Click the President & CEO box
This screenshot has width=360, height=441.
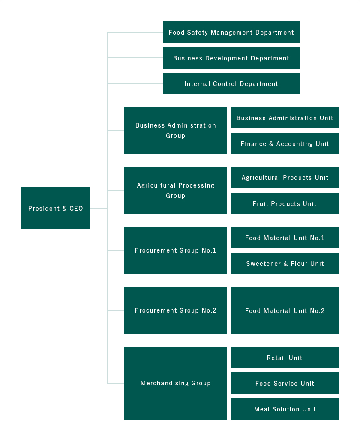pos(56,208)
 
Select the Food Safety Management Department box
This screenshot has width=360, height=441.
pos(231,32)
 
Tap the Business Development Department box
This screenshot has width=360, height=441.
pos(231,58)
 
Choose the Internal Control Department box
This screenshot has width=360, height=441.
pos(231,83)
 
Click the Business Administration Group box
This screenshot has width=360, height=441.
pos(176,131)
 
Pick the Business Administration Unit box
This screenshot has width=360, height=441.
pos(285,118)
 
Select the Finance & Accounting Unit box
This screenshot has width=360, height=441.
pos(285,143)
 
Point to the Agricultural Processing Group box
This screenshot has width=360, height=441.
pos(176,191)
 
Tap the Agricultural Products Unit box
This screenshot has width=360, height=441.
pos(285,178)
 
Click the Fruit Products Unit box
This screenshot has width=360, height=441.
pos(285,203)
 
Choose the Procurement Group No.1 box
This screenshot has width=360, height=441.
pos(176,250)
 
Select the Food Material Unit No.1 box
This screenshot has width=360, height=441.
pos(285,238)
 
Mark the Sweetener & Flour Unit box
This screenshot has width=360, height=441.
pos(285,263)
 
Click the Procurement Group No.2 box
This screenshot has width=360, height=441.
pos(176,310)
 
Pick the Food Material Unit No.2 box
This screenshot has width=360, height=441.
pos(285,310)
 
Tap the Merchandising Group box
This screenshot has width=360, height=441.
pos(176,383)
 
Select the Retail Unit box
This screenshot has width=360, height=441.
pos(285,358)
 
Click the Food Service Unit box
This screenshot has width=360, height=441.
pos(285,383)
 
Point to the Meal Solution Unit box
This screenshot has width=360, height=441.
pos(285,409)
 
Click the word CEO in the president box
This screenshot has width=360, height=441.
pos(76,209)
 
